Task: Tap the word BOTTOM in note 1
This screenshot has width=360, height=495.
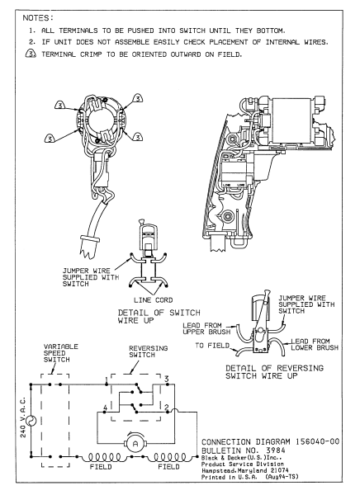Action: click(x=274, y=29)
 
